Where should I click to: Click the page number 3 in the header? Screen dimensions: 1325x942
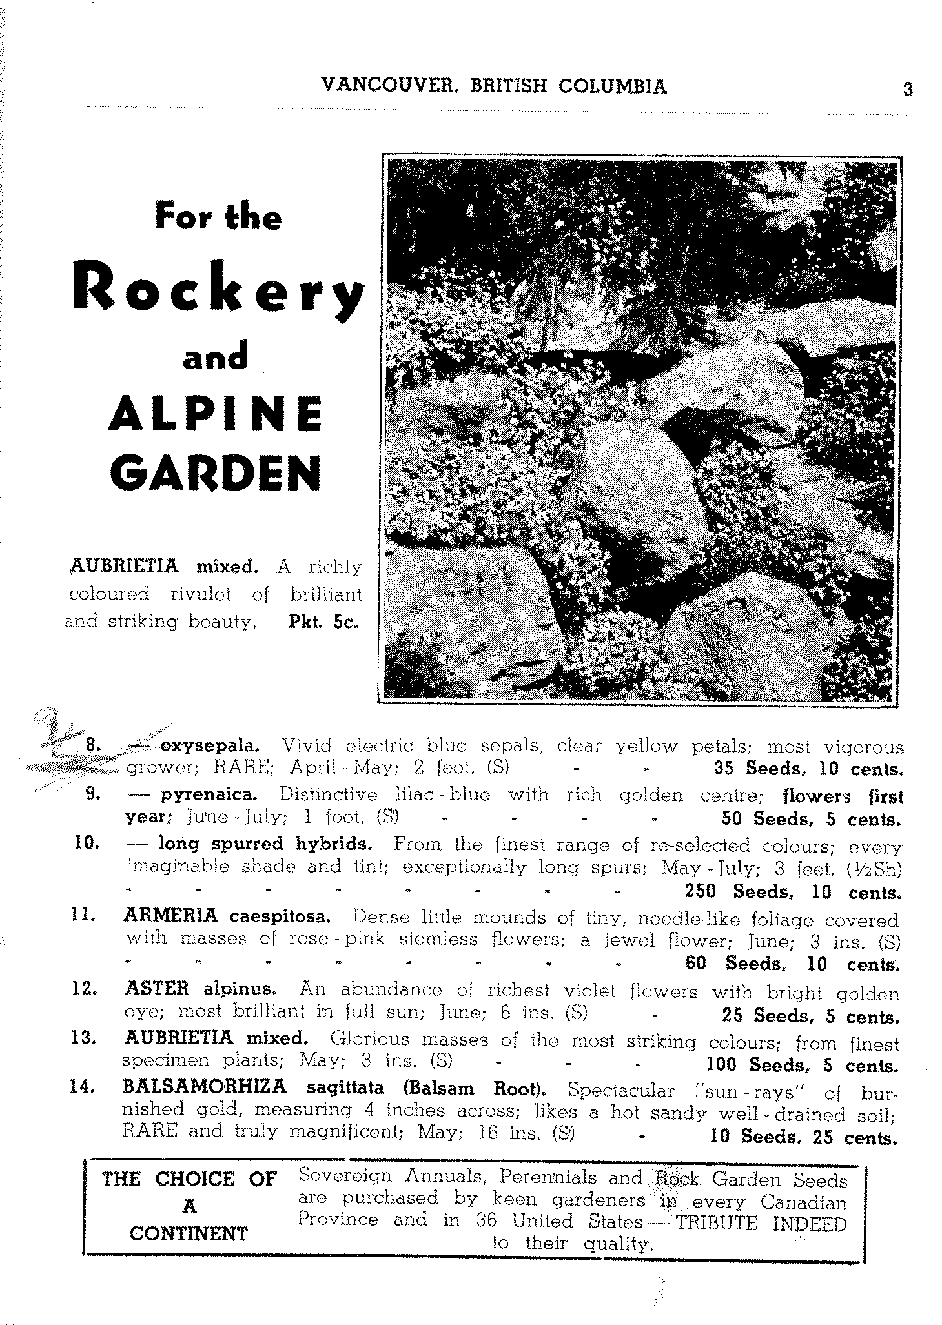(907, 88)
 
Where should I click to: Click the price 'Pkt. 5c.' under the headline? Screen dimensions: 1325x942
(321, 623)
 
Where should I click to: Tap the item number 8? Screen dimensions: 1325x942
(92, 745)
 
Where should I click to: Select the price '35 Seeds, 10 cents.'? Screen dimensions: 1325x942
(806, 769)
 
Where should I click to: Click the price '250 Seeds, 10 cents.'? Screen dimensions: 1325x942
(792, 892)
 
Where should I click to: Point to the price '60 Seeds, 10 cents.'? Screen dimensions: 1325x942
(792, 964)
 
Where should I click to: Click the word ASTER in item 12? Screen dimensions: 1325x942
(157, 988)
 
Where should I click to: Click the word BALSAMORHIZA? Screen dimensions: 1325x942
(204, 1087)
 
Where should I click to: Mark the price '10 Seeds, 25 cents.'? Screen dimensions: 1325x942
(803, 1137)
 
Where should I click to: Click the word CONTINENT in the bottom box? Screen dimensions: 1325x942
(189, 1233)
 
